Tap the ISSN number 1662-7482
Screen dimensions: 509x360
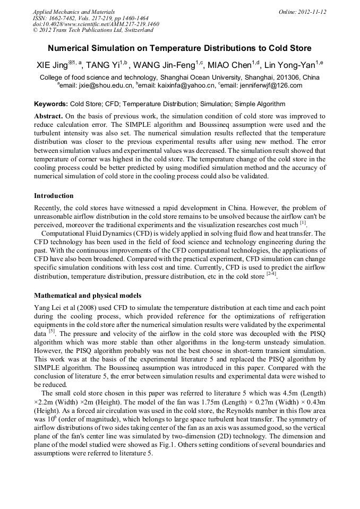[x=67, y=18]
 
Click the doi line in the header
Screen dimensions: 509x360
[x=96, y=24]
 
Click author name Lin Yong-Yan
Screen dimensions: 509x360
[x=290, y=66]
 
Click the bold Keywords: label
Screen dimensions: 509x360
[x=51, y=104]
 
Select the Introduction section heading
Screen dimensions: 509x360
[x=54, y=196]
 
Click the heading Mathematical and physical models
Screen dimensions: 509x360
[x=88, y=295]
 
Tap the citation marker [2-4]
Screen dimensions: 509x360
[x=271, y=275]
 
